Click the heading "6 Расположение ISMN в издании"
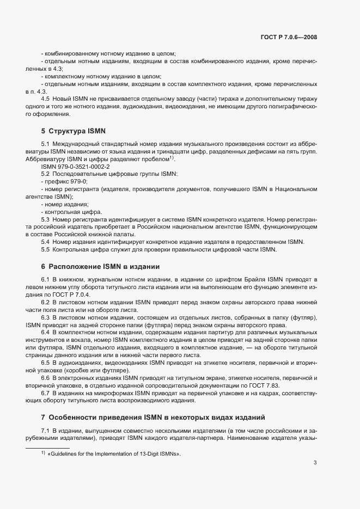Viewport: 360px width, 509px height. point(100,267)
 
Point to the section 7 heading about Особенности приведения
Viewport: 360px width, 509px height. point(152,418)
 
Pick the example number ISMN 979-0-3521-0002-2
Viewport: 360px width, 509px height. point(75,166)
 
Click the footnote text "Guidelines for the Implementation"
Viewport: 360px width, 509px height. point(114,454)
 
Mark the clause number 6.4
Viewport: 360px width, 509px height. point(46,332)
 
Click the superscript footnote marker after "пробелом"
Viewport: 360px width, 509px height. point(172,157)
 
